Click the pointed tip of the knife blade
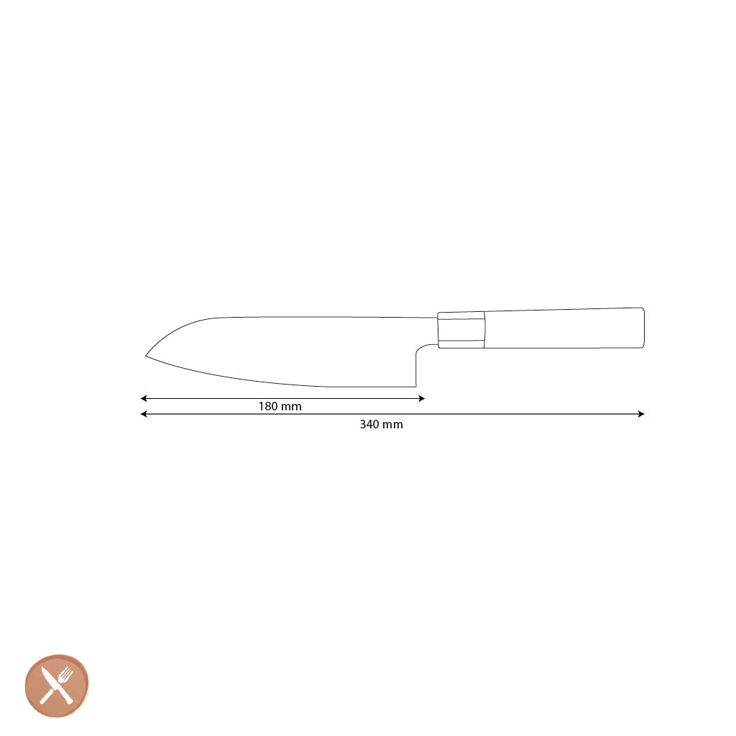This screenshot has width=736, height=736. tap(147, 355)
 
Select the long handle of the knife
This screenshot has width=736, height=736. tap(564, 328)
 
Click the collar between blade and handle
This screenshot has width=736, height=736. tap(461, 330)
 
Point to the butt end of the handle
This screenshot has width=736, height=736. tap(642, 328)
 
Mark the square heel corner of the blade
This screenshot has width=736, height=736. tap(415, 385)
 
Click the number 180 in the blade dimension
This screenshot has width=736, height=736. tap(268, 407)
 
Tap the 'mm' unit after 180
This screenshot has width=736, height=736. tap(291, 407)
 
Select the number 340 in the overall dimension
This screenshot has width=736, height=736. tap(369, 425)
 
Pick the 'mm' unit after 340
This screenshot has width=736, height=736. tap(392, 425)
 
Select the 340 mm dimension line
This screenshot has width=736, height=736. tap(503, 414)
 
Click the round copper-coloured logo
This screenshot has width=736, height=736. tap(57, 686)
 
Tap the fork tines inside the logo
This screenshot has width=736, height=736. tap(68, 674)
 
